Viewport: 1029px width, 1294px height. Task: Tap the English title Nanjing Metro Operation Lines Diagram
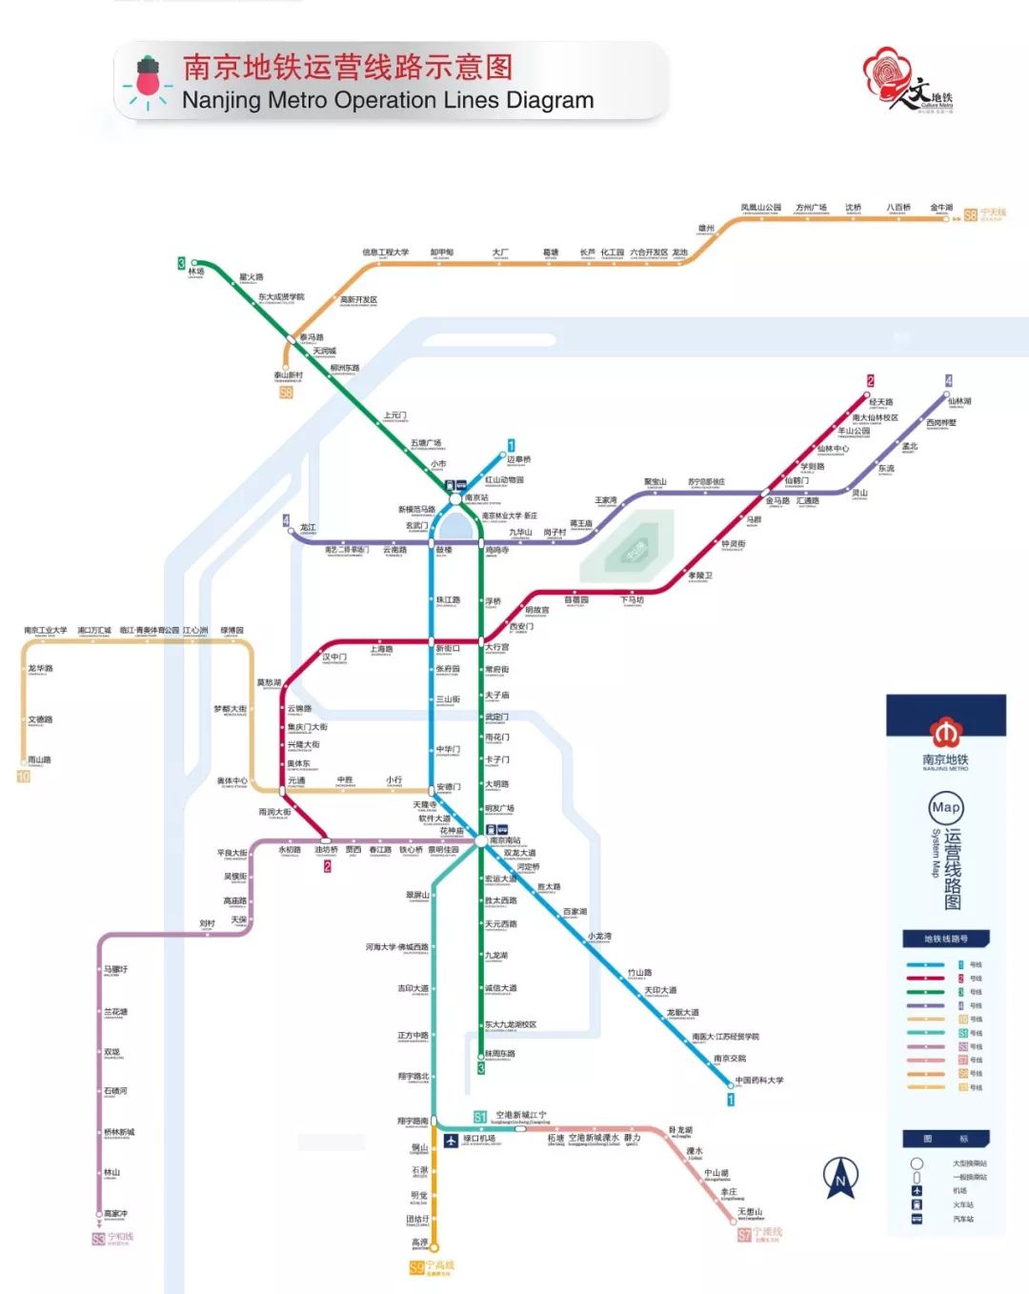pos(387,100)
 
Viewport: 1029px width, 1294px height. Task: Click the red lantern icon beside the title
pos(147,78)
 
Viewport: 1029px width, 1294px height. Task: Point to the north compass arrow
pos(840,1178)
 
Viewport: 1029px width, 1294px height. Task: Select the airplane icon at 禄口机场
pos(452,1140)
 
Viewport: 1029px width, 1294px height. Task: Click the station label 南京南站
pos(505,840)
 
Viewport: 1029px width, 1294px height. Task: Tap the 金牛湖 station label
pos(941,208)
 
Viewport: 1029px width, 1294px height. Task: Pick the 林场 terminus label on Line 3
pos(196,272)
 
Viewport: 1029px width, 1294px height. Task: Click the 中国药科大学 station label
pos(759,1081)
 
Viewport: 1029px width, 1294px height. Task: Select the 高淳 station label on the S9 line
pos(419,1243)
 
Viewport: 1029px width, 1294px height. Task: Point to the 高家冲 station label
pos(115,1214)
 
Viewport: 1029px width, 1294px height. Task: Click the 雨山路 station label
pos(39,760)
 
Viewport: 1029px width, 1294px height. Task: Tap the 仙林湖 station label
pos(959,402)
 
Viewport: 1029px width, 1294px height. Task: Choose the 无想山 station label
pos(751,1212)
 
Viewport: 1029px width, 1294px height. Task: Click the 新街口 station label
pos(448,649)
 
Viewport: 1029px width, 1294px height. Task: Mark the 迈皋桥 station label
pos(519,459)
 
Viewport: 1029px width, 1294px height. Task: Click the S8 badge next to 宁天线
pos(970,215)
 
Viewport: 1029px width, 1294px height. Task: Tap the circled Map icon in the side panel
pos(945,808)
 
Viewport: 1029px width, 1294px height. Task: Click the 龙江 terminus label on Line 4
pos(308,527)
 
